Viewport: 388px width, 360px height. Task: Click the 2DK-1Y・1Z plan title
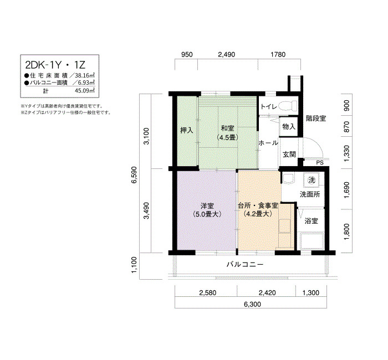55,65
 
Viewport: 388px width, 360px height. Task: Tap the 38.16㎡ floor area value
85,75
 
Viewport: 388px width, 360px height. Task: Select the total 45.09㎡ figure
85,90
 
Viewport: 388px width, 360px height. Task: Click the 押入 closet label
186,130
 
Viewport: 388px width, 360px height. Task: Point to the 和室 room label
227,128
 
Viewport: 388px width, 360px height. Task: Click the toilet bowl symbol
288,106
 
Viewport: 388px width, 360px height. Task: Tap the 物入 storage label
289,127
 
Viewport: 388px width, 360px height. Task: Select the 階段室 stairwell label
316,119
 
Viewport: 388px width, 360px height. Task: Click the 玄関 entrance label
289,155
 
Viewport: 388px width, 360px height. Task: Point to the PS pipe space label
320,163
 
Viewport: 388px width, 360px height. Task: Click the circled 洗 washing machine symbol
312,180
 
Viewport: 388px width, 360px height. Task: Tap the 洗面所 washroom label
310,194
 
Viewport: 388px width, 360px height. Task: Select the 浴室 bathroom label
311,221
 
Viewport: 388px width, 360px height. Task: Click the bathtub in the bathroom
312,241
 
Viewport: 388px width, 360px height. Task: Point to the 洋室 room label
207,205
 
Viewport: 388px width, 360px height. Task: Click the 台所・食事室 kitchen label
258,205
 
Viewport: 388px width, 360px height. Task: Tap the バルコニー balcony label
245,265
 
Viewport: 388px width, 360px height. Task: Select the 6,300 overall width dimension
252,304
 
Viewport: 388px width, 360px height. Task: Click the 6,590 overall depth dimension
134,175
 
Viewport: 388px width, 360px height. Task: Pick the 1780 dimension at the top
278,54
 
